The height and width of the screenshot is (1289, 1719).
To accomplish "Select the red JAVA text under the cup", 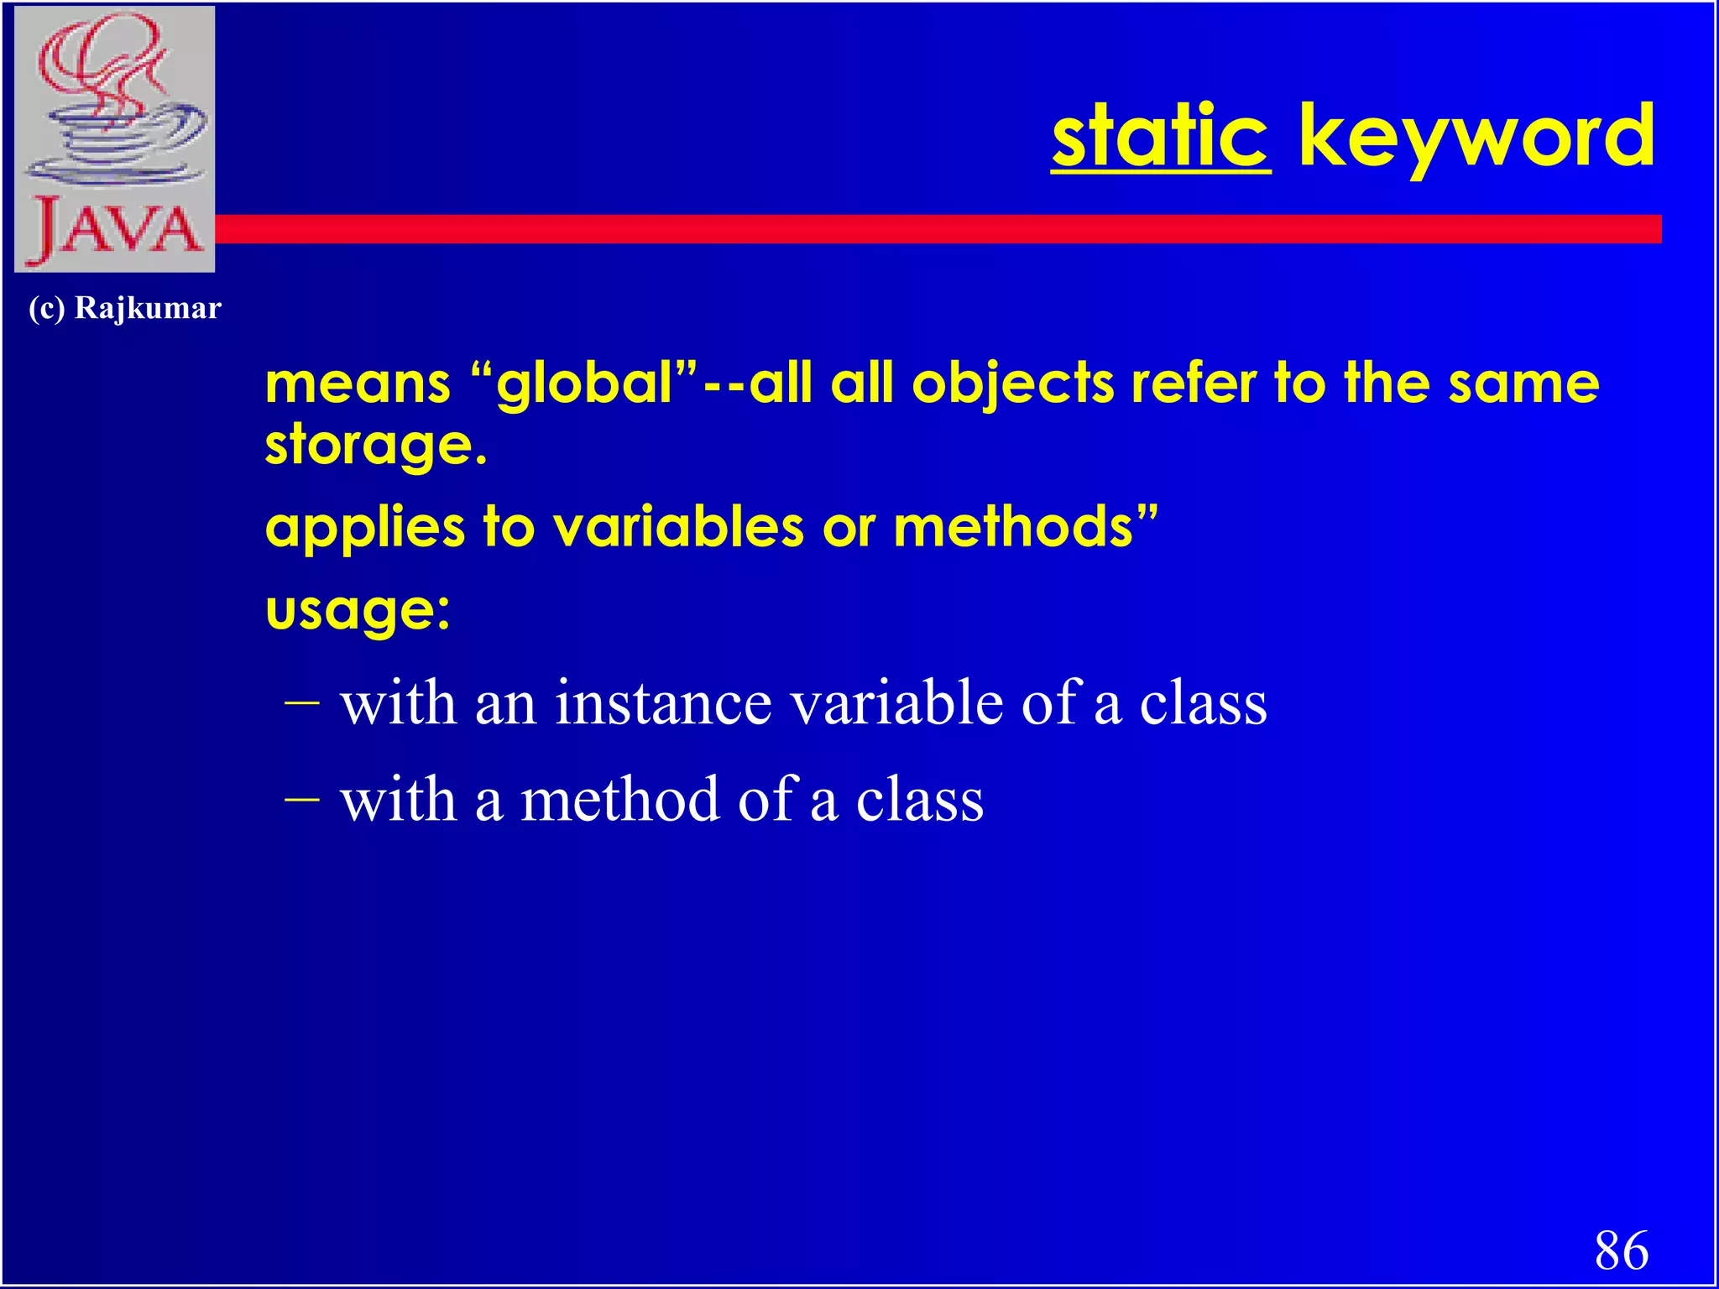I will click(115, 228).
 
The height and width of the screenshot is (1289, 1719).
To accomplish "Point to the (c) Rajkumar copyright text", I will click(124, 308).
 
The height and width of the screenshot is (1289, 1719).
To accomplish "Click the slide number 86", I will click(1621, 1250).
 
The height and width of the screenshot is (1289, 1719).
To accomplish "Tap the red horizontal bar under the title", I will click(923, 229).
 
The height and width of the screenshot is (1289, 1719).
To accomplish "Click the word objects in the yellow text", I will click(1013, 383).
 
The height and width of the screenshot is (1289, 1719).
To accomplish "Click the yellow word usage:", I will click(358, 610).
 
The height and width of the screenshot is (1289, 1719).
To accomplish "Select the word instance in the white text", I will click(663, 703).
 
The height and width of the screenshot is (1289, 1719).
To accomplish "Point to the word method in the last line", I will click(619, 800).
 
